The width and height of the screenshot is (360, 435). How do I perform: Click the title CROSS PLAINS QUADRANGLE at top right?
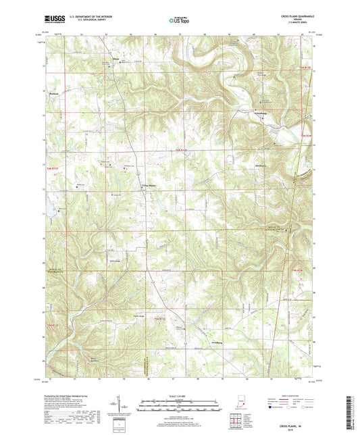(291, 16)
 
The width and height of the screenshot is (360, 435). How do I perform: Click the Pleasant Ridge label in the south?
(139, 315)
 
